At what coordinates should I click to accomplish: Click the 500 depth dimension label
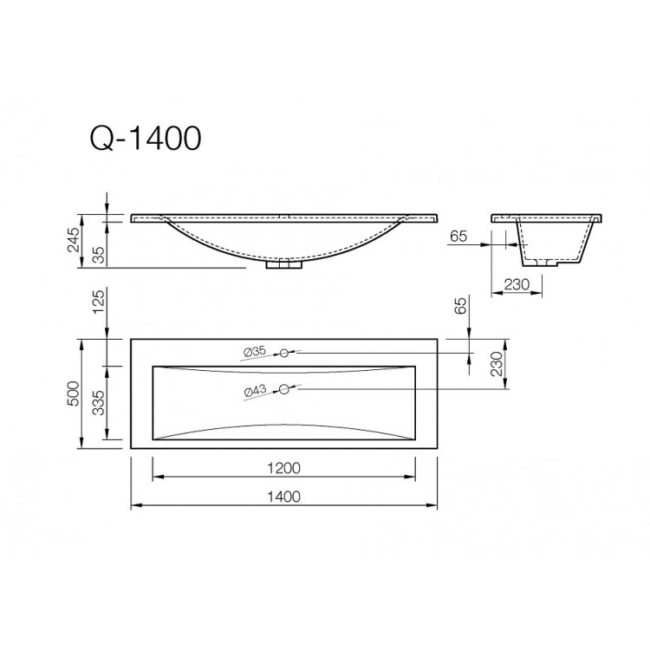click(x=75, y=394)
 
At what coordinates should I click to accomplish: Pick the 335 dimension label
click(x=98, y=403)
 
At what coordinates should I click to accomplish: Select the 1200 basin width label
click(x=283, y=468)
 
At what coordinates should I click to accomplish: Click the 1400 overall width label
click(x=283, y=497)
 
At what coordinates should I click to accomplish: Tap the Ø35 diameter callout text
click(x=255, y=352)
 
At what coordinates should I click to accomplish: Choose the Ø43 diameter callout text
click(x=255, y=390)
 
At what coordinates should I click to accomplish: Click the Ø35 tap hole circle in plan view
click(x=283, y=353)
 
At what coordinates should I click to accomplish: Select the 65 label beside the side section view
click(x=459, y=236)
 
